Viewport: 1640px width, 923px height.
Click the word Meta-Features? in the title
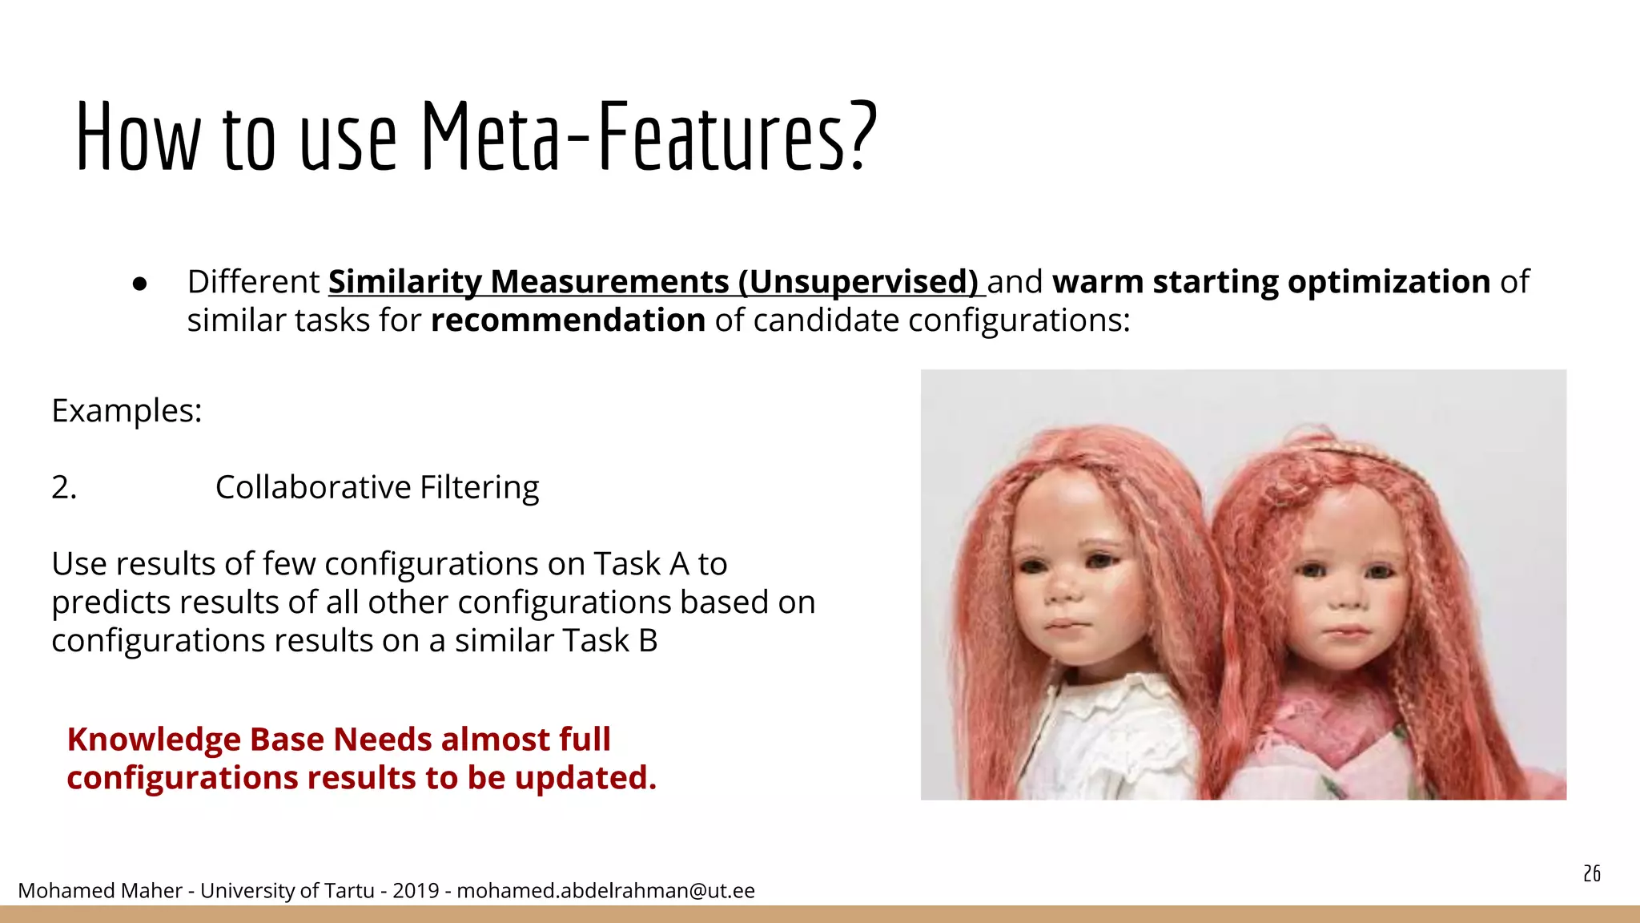point(649,136)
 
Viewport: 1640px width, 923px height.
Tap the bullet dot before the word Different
point(140,284)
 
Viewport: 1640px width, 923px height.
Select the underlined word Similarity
point(404,282)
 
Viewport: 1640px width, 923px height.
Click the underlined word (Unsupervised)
point(858,282)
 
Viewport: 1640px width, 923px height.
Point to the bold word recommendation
point(568,320)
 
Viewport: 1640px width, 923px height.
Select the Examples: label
point(127,411)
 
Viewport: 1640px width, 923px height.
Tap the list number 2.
point(64,487)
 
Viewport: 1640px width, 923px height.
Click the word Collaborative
point(313,487)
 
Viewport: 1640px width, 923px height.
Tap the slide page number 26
point(1591,873)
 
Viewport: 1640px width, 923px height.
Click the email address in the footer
point(605,891)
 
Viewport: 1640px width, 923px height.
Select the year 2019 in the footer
point(416,891)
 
